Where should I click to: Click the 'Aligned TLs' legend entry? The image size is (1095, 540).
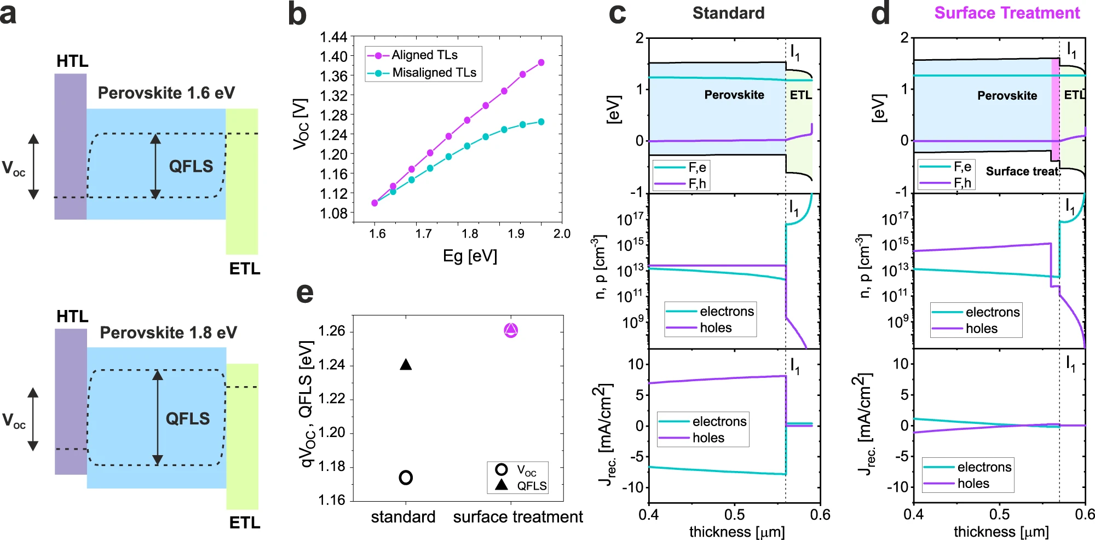tap(424, 55)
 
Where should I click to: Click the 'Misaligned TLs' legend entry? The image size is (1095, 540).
tap(434, 73)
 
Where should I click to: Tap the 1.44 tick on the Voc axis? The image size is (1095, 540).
tap(333, 37)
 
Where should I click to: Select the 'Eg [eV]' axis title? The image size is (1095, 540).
tap(470, 256)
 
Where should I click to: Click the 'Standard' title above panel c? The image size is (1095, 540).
tap(728, 13)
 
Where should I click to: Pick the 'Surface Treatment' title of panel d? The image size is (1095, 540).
tap(1007, 13)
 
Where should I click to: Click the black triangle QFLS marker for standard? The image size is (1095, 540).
tap(406, 365)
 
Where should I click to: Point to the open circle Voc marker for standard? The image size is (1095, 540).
tap(406, 478)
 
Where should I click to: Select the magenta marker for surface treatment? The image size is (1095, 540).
tap(511, 330)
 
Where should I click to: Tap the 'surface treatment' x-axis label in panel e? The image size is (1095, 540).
tap(518, 517)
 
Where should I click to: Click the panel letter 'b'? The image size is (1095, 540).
tap(297, 14)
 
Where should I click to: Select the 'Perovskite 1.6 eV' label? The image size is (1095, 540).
tap(166, 93)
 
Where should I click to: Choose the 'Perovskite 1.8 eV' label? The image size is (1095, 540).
tap(168, 333)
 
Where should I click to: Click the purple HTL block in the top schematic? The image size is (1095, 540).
tap(71, 146)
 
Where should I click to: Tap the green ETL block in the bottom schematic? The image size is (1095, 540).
tap(243, 436)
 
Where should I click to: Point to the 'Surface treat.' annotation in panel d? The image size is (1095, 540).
tap(1023, 171)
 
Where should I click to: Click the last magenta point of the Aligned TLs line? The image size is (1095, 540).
tap(541, 62)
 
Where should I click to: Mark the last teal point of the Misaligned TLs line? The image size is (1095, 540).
tap(541, 122)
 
